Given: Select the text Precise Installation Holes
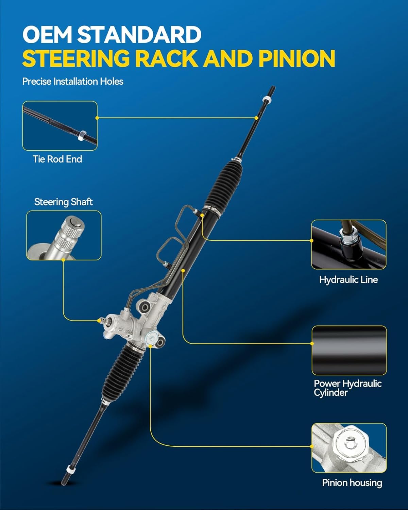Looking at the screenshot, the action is tap(73, 82).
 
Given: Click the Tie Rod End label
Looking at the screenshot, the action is tap(57, 159).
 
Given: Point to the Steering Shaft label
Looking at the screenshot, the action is tap(64, 202).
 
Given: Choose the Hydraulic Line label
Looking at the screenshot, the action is tap(348, 279).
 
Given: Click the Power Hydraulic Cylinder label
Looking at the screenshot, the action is tap(347, 388).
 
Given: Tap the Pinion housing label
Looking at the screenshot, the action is tap(352, 483).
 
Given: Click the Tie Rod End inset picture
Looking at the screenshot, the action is tap(60, 126).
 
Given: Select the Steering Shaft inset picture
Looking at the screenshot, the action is tap(64, 235).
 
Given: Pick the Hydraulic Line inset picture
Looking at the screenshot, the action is tap(349, 244).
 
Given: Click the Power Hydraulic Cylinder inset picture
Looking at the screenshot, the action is tap(349, 350).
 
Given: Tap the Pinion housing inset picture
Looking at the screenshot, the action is tap(349, 448).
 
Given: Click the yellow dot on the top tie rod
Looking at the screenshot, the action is tap(256, 118).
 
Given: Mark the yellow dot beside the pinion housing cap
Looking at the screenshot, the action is tap(150, 346).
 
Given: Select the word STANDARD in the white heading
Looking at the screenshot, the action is tap(139, 35).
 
